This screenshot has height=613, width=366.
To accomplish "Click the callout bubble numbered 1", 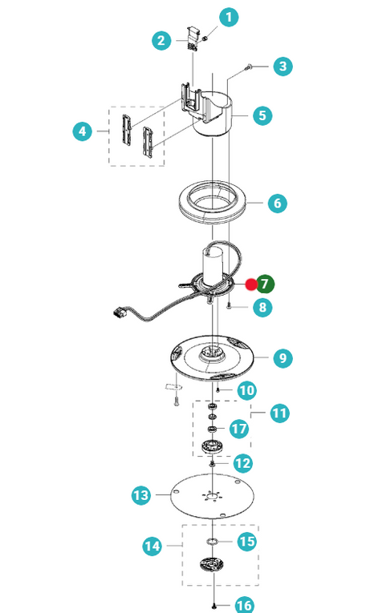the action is tap(229, 17).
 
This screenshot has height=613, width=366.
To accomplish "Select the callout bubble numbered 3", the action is tap(283, 67).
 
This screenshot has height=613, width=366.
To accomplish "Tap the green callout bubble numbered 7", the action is tap(265, 284).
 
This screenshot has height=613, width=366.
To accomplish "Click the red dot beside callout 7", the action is tap(251, 284).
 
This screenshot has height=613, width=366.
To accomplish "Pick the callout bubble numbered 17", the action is tap(238, 429).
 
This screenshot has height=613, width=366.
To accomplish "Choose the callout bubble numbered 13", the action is tap(141, 495).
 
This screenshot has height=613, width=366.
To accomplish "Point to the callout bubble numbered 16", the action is tap(244, 605).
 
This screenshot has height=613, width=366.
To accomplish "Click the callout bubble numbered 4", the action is tap(82, 131).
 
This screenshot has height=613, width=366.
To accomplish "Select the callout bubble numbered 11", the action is tap(279, 413).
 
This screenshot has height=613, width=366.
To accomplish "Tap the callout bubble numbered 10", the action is tap(246, 390).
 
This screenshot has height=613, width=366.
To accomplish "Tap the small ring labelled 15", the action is tap(212, 542).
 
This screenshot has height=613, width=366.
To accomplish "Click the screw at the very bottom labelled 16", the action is tap(213, 606).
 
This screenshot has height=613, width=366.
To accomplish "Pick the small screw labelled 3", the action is tap(248, 67).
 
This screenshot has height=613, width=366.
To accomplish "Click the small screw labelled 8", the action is tap(230, 307).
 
